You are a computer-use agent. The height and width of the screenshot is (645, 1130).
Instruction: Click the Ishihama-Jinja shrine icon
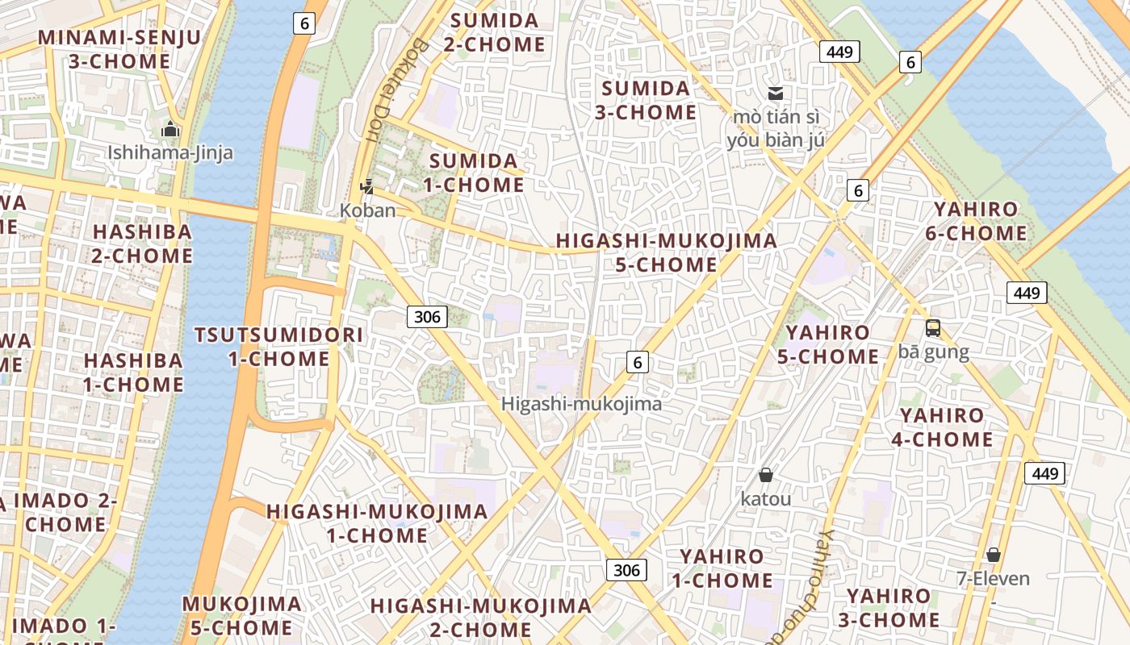tap(170, 129)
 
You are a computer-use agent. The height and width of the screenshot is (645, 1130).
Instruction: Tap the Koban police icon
tap(367, 187)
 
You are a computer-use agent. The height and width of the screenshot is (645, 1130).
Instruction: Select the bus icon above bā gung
tap(933, 328)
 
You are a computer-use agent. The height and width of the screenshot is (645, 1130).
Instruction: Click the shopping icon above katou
tap(765, 476)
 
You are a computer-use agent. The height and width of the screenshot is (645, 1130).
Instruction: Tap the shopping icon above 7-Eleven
tap(994, 555)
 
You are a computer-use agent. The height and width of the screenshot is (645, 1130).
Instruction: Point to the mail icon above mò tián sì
tap(776, 94)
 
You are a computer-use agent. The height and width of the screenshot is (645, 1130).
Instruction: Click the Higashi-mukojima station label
tap(581, 404)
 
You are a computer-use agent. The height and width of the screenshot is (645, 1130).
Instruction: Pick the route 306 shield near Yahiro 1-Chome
tap(626, 571)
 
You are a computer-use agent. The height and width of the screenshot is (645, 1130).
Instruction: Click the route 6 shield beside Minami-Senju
tap(303, 23)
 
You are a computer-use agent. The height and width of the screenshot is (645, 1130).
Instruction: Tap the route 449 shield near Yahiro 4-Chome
tap(1044, 473)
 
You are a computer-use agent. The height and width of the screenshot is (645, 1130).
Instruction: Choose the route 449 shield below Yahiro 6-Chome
tap(1027, 293)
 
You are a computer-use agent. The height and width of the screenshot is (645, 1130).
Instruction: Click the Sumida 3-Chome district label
tap(646, 100)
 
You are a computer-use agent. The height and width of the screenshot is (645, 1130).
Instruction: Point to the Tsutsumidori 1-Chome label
tap(278, 347)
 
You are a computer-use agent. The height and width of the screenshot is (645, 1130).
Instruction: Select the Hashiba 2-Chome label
tap(142, 243)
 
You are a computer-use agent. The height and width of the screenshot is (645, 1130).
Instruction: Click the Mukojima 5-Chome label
tap(241, 615)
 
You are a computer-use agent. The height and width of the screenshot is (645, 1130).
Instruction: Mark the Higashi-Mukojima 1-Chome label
tap(377, 522)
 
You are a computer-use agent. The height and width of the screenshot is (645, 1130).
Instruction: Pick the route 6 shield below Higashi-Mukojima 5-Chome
tap(638, 363)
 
